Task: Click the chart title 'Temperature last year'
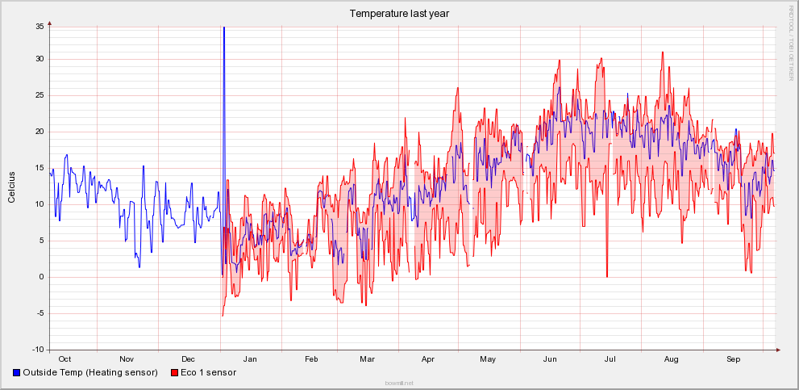coord(399,13)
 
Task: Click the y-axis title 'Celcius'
coord(11,187)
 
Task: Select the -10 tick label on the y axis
coord(37,350)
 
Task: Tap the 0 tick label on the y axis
coord(42,277)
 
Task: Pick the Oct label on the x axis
coord(65,359)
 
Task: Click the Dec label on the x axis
coord(188,359)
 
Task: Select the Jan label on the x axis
coord(250,359)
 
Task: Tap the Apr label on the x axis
coord(427,359)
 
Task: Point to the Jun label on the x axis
coord(551,359)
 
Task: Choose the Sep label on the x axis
coord(733,359)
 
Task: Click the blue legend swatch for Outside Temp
coord(17,373)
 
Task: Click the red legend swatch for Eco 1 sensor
coord(174,373)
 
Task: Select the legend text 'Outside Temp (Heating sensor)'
coord(89,373)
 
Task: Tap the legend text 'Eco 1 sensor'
coord(208,373)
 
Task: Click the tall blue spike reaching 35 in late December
coord(223,48)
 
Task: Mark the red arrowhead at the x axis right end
coord(778,350)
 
